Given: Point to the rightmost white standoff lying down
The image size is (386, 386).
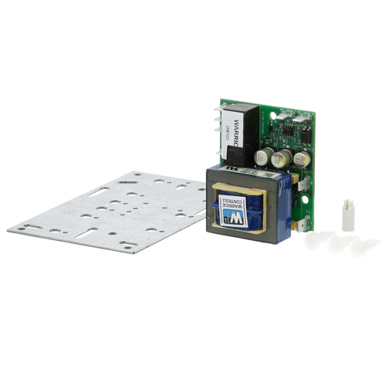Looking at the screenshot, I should tap(365, 247).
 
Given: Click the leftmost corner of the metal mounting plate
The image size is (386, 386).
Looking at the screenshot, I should tap(9, 229).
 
